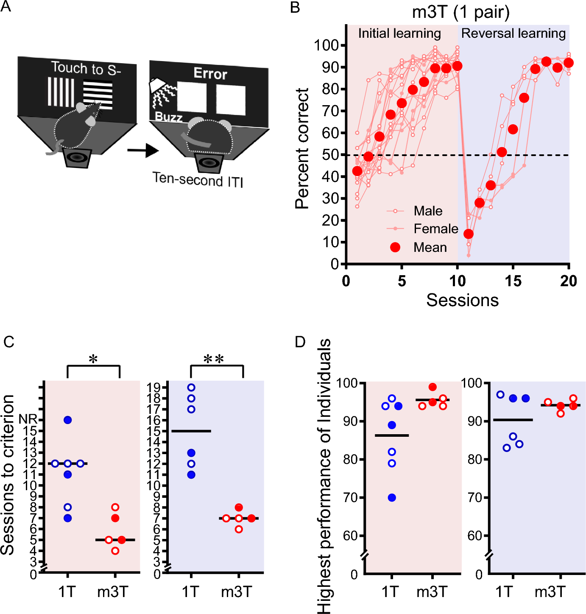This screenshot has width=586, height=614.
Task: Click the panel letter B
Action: pos(295,7)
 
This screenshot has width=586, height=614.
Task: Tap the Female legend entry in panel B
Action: pos(435,229)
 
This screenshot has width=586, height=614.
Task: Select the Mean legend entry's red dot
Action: pos(395,247)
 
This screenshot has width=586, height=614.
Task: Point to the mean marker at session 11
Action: pos(468,234)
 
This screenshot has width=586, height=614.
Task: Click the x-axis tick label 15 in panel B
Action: pos(513,281)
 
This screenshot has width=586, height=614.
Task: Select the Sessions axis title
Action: pos(462,300)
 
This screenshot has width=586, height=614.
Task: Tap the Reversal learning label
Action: pos(513,33)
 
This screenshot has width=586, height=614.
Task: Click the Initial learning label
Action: pos(399,33)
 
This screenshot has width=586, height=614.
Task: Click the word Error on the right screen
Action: pos(210,74)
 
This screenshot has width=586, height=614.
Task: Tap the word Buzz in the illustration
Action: pos(168,117)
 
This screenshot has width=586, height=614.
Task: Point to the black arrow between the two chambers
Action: pos(142,150)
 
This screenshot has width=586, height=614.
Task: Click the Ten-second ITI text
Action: pos(198,180)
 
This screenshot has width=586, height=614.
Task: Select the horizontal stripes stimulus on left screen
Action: pos(98,94)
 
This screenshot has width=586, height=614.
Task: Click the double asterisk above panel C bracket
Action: pos(213,360)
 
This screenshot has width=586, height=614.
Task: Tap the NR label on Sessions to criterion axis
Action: pos(28,419)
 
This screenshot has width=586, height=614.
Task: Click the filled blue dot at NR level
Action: pos(68,420)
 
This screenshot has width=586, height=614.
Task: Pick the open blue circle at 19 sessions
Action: pos(191,387)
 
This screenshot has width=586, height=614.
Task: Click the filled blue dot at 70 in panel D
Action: pos(392,498)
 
